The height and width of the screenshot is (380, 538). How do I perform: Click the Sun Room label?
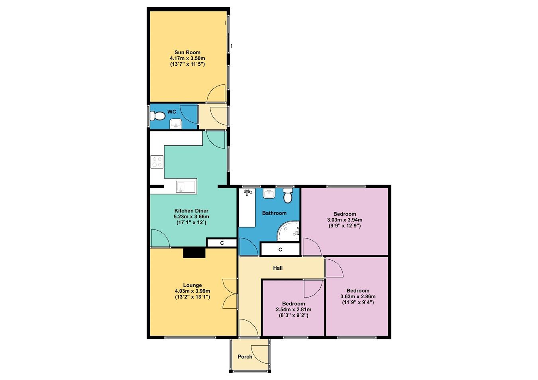point(187,52)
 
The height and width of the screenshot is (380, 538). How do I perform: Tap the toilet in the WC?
point(158,116)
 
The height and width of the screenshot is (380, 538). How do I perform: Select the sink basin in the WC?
point(176,125)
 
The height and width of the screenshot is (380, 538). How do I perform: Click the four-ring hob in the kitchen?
point(157,162)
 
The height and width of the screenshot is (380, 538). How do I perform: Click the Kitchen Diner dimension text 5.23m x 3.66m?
point(191,217)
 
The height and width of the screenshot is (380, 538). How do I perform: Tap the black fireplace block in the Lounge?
point(194,253)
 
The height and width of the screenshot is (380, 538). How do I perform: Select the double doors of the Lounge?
point(230,293)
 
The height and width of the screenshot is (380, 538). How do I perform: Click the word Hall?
point(278,268)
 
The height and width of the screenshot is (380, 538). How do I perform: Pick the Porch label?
point(245,356)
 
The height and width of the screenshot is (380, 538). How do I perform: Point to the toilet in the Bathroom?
point(288,196)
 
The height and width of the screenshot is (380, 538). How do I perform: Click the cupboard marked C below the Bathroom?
point(280,249)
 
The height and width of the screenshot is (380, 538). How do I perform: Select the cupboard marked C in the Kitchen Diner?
point(222,243)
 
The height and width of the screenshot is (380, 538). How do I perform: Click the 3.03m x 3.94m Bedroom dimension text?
point(344,220)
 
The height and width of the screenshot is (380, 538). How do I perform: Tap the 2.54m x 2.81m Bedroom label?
point(293,309)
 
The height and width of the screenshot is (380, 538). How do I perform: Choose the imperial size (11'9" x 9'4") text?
point(357,302)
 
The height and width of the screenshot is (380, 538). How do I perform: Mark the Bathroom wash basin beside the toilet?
point(269,194)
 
